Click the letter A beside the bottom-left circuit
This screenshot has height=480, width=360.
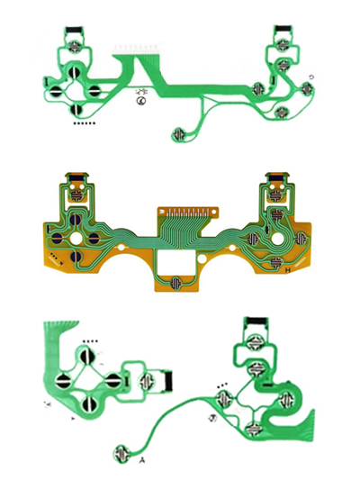pos(143,460)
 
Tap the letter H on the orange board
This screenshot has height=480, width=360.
pos(287,269)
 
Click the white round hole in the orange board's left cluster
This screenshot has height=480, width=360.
pos(88,240)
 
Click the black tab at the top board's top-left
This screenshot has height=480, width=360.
pos(74,28)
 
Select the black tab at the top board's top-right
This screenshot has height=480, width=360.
pos(282,28)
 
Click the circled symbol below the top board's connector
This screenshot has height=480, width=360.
pos(141,102)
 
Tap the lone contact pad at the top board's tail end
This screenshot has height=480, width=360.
pos(180,134)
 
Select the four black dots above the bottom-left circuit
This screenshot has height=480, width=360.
pos(89,342)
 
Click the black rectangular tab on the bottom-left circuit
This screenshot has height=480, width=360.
pos(168,382)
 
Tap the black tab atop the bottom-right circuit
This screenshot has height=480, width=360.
pos(256,322)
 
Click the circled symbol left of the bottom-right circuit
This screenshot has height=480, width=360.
pos(212,417)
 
